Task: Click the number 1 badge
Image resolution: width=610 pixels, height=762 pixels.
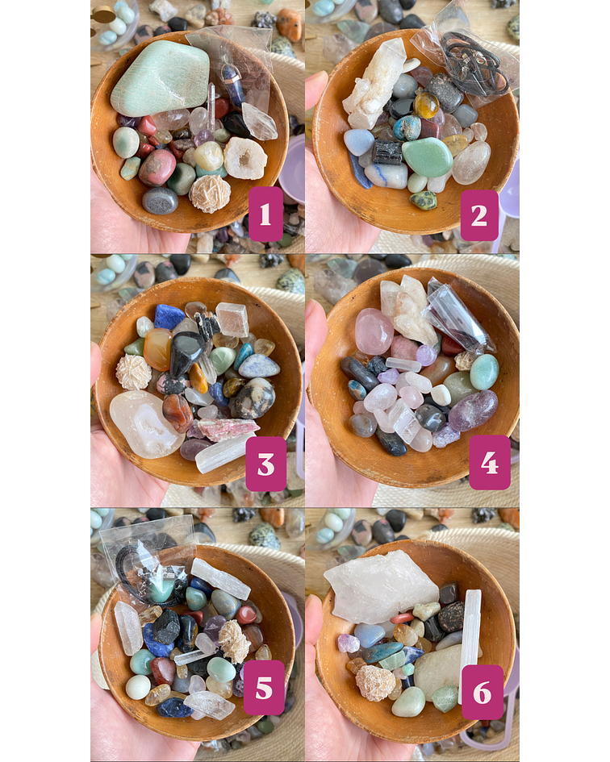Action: tap(265, 214)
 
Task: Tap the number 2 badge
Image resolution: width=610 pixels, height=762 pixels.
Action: tap(479, 214)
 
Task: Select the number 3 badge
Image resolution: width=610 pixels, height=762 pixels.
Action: tap(265, 464)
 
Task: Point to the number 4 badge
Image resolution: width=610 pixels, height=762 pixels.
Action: tap(489, 463)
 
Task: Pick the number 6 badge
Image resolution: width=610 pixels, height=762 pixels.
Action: tap(483, 692)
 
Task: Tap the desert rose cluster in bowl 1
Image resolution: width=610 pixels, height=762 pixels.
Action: tap(209, 194)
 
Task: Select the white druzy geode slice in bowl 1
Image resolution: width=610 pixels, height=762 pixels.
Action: tap(244, 158)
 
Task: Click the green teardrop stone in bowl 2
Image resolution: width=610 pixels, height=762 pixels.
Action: tap(427, 156)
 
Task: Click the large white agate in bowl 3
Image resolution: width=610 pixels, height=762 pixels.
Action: tap(146, 423)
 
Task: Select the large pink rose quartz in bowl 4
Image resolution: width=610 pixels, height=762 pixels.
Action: tap(374, 331)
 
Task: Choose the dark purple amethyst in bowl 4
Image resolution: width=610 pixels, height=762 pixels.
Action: tap(474, 410)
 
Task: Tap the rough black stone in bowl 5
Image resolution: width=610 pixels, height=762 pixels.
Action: tap(167, 626)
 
